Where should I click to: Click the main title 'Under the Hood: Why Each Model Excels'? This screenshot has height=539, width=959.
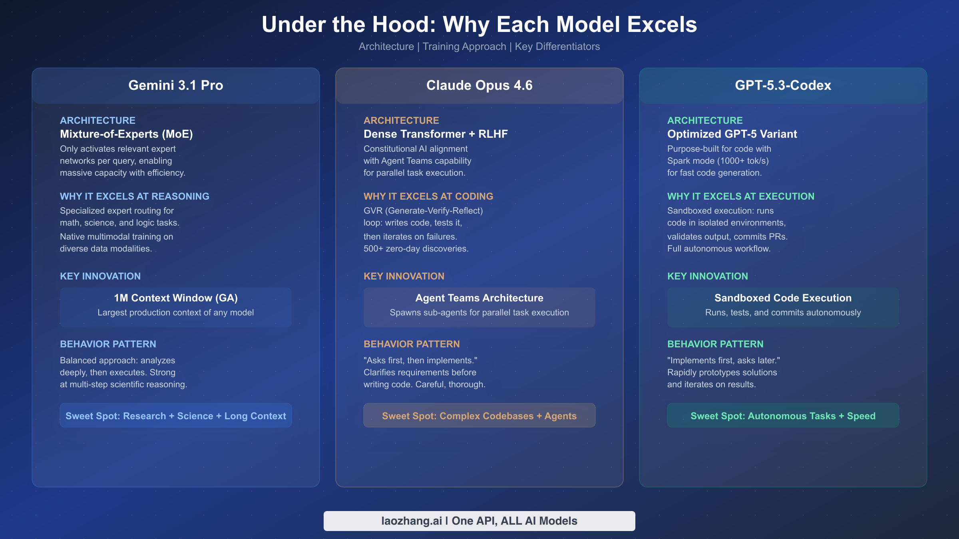coord(479,24)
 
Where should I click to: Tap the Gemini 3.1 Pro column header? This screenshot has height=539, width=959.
coord(176,85)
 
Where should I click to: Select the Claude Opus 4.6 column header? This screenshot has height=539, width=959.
coord(479,85)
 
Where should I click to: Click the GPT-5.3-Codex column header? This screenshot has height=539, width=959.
coord(783,85)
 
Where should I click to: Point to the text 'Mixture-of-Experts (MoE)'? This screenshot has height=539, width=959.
coord(126,134)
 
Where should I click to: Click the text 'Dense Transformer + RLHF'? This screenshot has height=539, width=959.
coord(436,134)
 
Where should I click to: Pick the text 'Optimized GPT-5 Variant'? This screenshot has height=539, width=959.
coord(732,134)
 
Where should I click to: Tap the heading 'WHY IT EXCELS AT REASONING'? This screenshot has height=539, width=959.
coord(135,196)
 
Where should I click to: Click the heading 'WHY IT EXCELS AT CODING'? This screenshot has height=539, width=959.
coord(428,196)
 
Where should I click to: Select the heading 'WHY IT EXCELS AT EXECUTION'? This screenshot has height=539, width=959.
coord(741,196)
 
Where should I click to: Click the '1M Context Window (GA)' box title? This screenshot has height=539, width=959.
coord(176,298)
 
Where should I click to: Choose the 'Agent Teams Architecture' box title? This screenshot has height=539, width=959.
coord(479,298)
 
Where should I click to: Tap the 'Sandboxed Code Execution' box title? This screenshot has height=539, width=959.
coord(783,298)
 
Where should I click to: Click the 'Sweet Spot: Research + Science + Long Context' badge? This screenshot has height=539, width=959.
coord(176,416)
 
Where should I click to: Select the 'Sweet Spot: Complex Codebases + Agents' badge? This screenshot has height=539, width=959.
coord(479,416)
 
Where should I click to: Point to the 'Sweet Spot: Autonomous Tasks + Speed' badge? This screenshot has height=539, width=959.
coord(783,416)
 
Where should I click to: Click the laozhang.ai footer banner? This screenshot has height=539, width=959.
coord(479,521)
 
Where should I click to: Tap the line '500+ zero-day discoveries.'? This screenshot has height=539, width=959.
coord(416,249)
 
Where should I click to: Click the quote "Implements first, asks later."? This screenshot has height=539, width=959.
coord(724,361)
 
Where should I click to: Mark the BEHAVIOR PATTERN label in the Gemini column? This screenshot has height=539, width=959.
coord(108,344)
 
